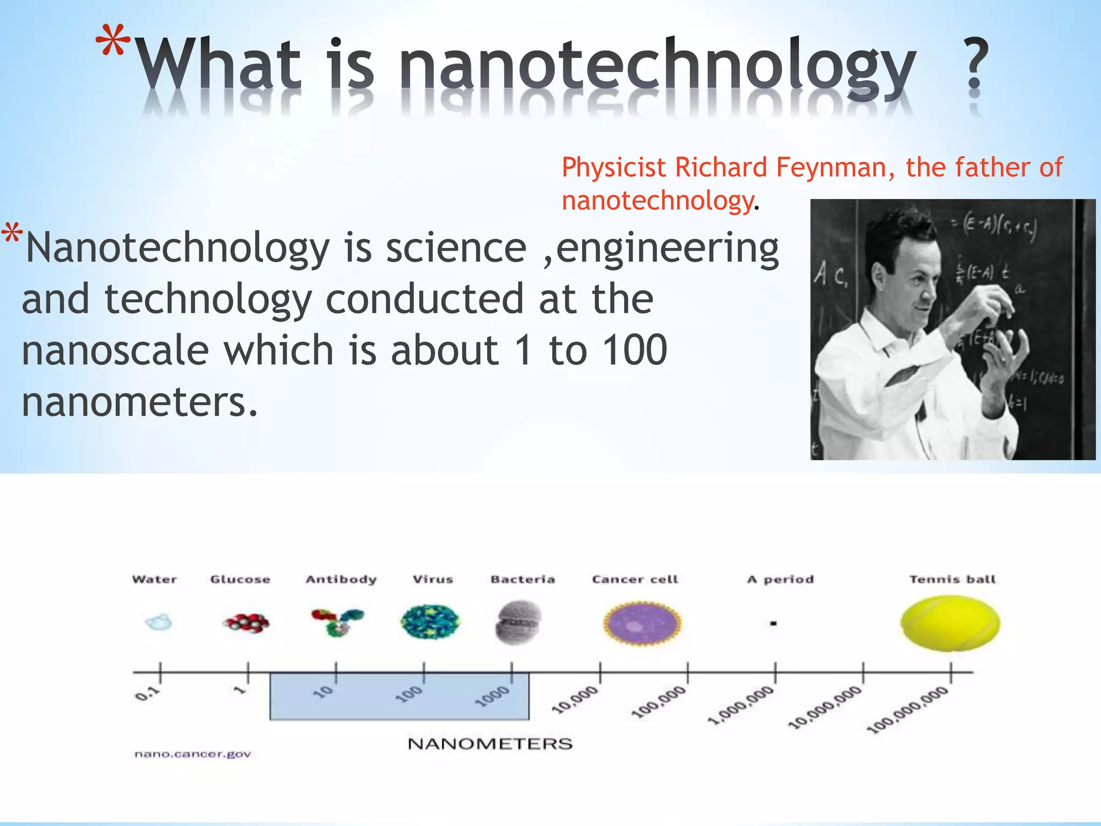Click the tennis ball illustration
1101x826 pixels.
tap(950, 623)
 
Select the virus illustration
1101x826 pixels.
tap(430, 622)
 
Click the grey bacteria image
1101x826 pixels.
tap(518, 623)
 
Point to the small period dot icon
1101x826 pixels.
tap(773, 624)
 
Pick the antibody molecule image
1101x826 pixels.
tap(338, 622)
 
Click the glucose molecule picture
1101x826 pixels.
tap(246, 623)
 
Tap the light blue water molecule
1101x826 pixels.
tap(159, 623)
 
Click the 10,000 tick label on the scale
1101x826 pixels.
tap(575, 700)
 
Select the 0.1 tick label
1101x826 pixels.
tap(147, 694)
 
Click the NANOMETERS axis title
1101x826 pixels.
tap(490, 744)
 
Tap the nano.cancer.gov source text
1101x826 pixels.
tap(192, 754)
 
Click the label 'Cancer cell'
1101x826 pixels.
tap(635, 579)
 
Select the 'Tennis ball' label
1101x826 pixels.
tap(952, 579)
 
